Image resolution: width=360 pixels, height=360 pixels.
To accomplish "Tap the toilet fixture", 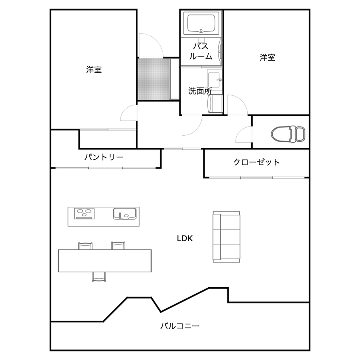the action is [288, 134].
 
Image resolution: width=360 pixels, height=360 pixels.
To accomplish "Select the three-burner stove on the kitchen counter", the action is [84, 213].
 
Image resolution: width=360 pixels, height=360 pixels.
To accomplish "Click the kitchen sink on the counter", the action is [125, 213].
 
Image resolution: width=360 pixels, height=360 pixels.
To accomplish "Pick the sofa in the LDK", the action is [226, 237].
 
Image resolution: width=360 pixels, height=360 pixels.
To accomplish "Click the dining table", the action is [105, 261].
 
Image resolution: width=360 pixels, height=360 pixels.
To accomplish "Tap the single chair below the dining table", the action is [99, 277].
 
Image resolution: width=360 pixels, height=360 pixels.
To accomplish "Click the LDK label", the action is [185, 238].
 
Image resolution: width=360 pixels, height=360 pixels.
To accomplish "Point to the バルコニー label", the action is [179, 326].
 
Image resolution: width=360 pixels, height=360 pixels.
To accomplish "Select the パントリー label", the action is [104, 157].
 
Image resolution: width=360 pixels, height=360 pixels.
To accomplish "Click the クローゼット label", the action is [257, 162].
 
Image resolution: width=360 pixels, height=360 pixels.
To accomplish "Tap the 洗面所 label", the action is [200, 91].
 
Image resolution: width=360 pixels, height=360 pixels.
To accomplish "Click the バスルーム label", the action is [201, 51].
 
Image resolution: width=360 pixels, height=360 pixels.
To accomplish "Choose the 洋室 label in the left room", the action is [94, 70].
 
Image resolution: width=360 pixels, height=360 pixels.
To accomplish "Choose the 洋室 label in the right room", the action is [267, 57].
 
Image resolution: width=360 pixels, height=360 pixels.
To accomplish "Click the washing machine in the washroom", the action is [215, 103].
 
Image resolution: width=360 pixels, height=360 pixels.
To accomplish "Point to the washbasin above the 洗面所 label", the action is [215, 79].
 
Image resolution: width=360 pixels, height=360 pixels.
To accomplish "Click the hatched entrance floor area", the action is [154, 80].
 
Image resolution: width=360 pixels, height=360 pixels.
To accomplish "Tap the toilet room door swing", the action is [244, 135].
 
